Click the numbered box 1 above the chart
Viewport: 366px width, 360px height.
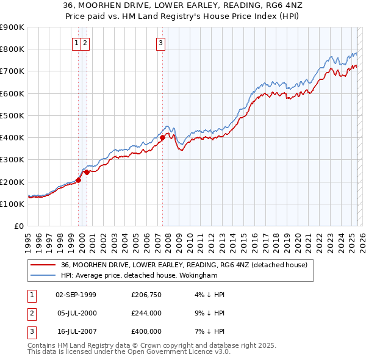pyautogui.click(x=77, y=43)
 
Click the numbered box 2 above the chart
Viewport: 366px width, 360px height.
pyautogui.click(x=85, y=43)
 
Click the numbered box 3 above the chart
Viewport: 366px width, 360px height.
pyautogui.click(x=160, y=43)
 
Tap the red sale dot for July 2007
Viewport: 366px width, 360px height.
pyautogui.click(x=163, y=138)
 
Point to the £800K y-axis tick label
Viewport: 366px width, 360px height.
pyautogui.click(x=12, y=49)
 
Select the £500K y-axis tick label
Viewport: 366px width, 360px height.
pyautogui.click(x=12, y=115)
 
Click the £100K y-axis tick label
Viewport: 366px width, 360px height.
pyautogui.click(x=12, y=204)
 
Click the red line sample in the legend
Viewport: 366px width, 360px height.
pyautogui.click(x=42, y=265)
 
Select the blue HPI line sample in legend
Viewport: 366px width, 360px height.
pyautogui.click(x=42, y=275)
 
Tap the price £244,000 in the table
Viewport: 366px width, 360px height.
pyautogui.click(x=146, y=313)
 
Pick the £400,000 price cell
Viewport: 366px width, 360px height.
pyautogui.click(x=146, y=331)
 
